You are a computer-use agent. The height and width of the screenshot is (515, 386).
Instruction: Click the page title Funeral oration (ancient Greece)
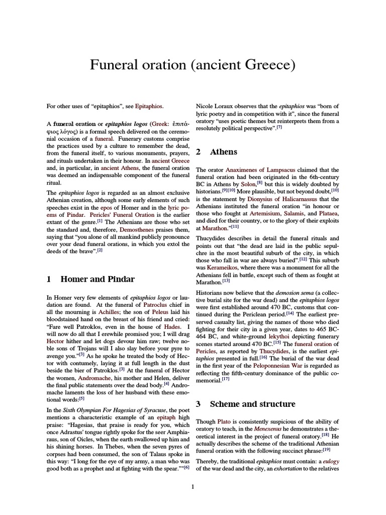192,65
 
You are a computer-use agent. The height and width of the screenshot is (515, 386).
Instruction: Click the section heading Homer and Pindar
98,279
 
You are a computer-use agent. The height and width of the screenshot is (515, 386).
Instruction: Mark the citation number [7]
279,128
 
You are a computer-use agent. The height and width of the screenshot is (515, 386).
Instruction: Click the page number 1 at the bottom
192,486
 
